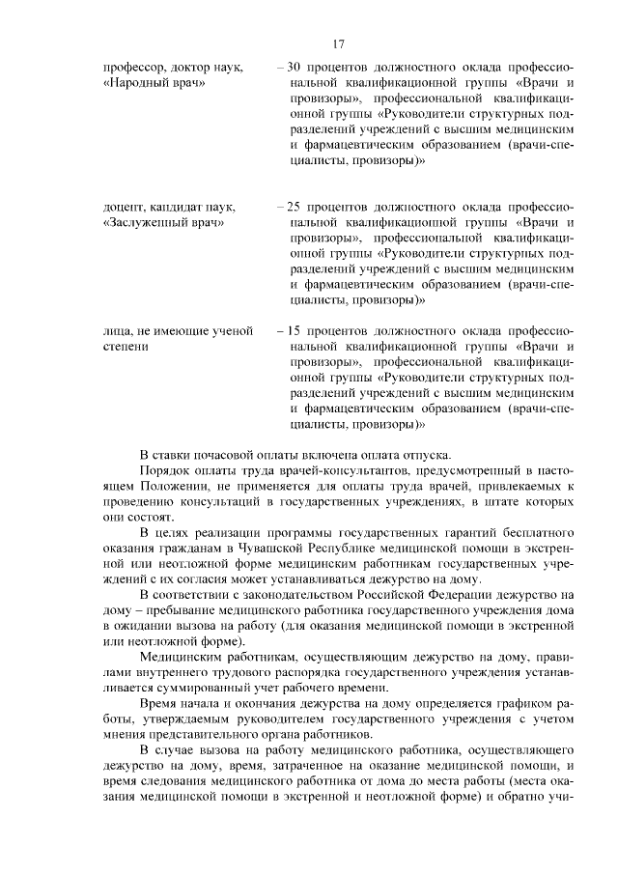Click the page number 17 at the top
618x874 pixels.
(338, 44)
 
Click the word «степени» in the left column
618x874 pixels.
(126, 350)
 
